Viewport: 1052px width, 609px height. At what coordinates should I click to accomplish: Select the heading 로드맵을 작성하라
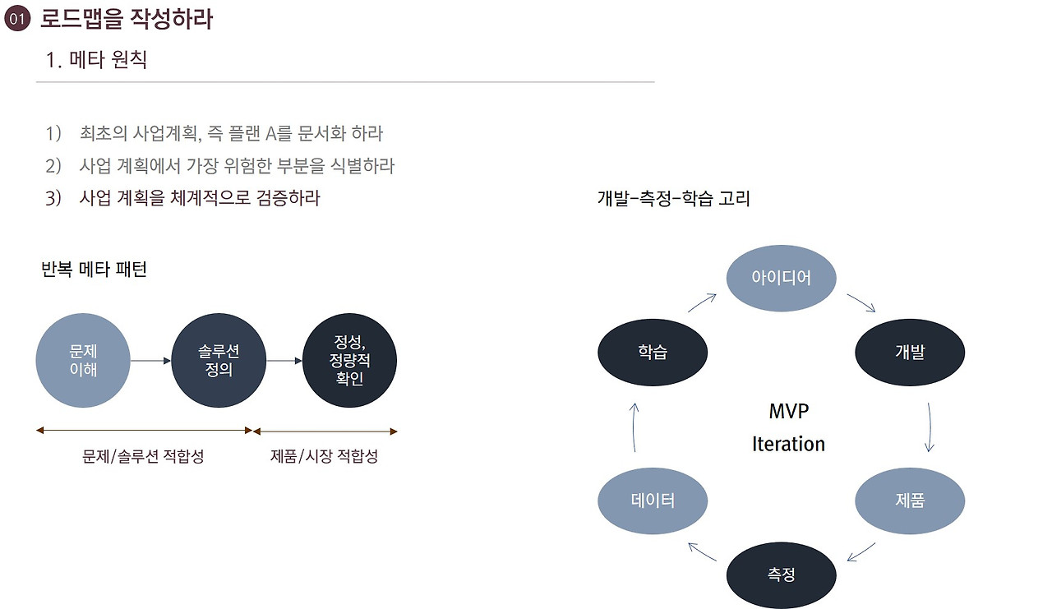pos(127,19)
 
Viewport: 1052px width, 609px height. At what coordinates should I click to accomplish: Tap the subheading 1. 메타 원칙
pos(97,59)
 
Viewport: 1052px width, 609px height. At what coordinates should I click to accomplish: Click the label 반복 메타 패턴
pos(94,270)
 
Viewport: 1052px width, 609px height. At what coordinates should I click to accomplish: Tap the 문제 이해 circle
pos(83,361)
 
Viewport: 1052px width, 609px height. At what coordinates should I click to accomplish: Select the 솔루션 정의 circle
pos(219,361)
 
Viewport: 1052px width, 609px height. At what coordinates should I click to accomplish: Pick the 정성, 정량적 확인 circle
pos(350,361)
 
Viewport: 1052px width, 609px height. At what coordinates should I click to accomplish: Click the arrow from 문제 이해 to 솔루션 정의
pos(150,360)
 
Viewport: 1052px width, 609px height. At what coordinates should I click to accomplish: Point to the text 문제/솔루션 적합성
pos(143,456)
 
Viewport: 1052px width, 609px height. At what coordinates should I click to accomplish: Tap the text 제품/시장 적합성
pos(324,456)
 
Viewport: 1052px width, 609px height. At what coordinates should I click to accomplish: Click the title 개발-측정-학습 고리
pos(673,198)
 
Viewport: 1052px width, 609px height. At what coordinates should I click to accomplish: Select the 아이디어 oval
pos(781,278)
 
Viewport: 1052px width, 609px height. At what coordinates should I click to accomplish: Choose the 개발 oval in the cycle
pos(910,353)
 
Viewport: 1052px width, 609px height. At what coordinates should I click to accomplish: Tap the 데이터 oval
pos(653,501)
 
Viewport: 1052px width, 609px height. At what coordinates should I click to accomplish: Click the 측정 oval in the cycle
pos(781,574)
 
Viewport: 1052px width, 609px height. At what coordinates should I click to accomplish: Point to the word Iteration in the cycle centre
pos(788,444)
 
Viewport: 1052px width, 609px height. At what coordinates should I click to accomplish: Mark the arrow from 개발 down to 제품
pos(930,427)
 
